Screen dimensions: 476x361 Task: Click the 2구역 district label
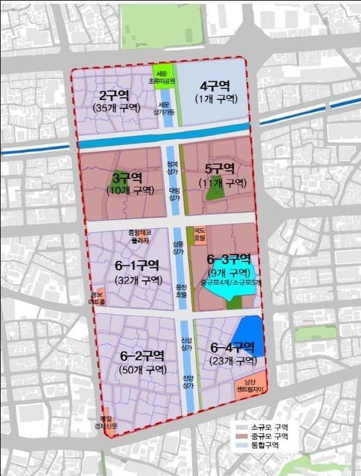[112, 95]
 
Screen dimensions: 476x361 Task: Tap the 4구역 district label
[215, 86]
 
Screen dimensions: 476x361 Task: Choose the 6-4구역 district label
[233, 348]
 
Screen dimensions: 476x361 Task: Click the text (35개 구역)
[112, 107]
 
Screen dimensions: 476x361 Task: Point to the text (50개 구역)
[143, 370]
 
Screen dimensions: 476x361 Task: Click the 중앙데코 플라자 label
[140, 236]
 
